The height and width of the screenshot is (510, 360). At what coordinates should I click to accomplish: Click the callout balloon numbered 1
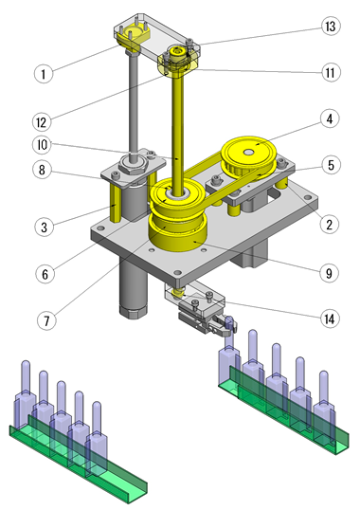point(44,74)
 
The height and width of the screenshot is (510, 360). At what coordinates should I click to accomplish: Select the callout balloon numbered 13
point(331,26)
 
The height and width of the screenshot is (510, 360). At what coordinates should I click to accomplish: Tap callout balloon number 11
point(331,72)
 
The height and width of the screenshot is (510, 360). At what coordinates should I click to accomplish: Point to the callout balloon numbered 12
point(42,122)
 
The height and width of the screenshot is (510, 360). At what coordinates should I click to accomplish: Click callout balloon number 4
point(330,118)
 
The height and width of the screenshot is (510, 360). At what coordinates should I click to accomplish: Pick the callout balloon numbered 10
point(42,145)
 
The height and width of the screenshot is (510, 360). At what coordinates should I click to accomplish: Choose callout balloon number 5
point(331,165)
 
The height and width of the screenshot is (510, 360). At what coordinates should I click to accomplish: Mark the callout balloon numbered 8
point(42,170)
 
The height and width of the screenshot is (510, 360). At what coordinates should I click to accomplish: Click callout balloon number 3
point(45,227)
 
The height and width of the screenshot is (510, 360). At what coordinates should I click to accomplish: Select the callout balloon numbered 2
point(330,224)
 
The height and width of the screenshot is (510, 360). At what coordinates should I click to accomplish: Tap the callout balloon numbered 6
point(45,274)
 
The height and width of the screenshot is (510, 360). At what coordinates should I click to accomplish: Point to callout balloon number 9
point(329,273)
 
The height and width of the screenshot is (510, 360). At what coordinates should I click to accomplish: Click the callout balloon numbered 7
point(46,320)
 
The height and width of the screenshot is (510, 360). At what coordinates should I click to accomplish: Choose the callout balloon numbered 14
point(330,319)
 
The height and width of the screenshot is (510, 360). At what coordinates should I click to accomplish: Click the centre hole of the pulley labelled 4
point(249,152)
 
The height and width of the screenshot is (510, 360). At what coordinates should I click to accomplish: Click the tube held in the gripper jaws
point(229,335)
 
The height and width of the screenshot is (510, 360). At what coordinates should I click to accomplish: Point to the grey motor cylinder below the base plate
point(134,286)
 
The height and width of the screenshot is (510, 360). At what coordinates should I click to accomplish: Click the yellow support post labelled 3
point(116,202)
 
